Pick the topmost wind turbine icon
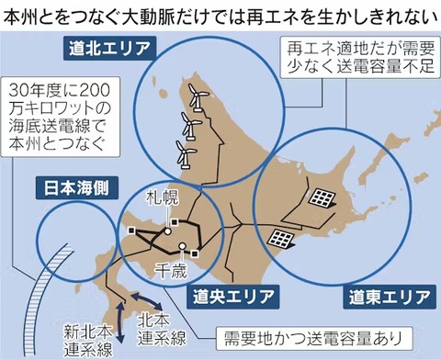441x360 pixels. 196,94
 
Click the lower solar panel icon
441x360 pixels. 279,238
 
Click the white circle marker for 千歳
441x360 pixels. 185,245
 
